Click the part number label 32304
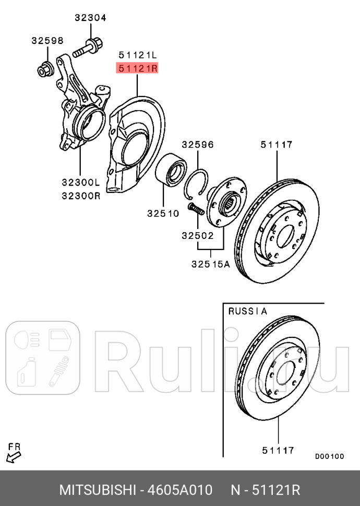point(90,18)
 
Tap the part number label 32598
point(47,41)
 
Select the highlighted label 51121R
point(137,68)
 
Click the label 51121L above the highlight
point(137,54)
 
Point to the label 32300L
point(80,182)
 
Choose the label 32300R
point(80,196)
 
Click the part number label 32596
point(198,144)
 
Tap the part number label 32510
point(163,213)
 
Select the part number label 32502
point(198,235)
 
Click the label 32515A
point(210,264)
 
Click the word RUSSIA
point(248,311)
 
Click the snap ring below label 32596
point(199,185)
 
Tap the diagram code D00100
point(329,456)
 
